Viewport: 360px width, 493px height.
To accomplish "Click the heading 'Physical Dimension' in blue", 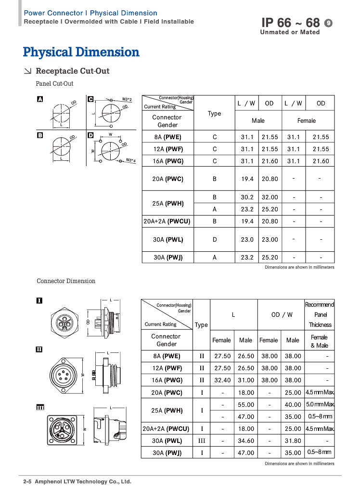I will click(x=81, y=52).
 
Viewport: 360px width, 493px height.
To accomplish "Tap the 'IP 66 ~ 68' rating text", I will click(x=290, y=23).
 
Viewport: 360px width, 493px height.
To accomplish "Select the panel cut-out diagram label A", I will click(x=40, y=99).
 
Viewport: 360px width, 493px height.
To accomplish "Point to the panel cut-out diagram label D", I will click(x=90, y=135).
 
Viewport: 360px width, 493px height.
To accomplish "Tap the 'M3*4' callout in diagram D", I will click(x=130, y=160).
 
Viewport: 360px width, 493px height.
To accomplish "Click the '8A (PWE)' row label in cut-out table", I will click(x=164, y=137).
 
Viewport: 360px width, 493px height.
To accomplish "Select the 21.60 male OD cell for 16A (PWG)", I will click(x=270, y=161).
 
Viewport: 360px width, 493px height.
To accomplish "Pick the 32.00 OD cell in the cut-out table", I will click(x=270, y=197).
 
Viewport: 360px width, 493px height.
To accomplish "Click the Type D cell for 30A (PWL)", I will click(x=215, y=239).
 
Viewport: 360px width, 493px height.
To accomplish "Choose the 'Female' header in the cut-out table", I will click(x=307, y=121).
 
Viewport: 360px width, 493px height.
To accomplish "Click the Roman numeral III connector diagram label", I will click(x=40, y=407).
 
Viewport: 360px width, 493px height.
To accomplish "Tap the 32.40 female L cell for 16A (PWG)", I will click(x=221, y=380).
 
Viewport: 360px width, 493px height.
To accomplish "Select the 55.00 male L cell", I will click(x=245, y=405).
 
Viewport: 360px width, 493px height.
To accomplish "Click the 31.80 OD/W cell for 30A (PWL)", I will click(x=293, y=441).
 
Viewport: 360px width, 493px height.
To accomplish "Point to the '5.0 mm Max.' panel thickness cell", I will click(x=320, y=405).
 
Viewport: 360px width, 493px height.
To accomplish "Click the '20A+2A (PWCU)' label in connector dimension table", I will click(x=166, y=428).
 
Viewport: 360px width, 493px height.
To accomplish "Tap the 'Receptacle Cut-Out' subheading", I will click(x=73, y=71).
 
